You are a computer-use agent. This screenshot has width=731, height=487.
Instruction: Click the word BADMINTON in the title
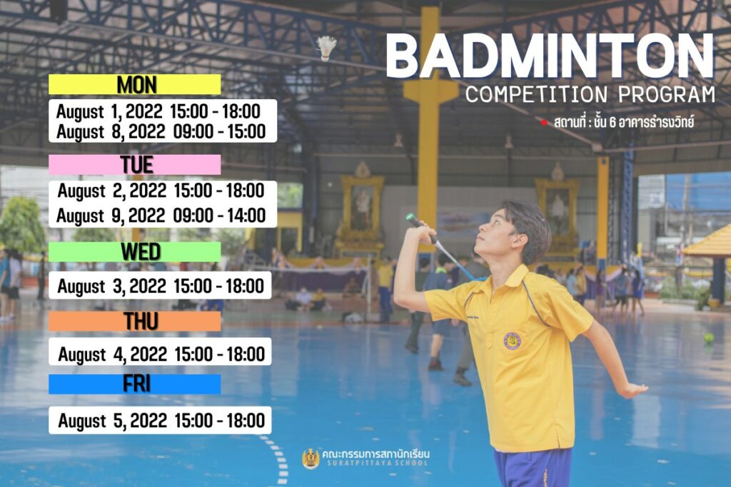click(550, 56)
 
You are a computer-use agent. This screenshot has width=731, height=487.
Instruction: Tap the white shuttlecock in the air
click(326, 48)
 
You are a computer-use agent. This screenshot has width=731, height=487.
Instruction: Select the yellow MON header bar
click(135, 84)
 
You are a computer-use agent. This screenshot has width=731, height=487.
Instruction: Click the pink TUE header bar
click(135, 165)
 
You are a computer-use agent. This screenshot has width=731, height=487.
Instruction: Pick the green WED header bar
click(135, 252)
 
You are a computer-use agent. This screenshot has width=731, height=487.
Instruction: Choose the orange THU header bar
click(135, 322)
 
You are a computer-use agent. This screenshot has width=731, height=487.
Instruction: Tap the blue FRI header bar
click(135, 384)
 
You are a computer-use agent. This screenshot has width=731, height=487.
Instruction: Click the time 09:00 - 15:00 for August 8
click(219, 131)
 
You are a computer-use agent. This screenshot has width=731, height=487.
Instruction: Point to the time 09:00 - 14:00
click(219, 215)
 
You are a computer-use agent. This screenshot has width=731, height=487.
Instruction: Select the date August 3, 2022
click(112, 286)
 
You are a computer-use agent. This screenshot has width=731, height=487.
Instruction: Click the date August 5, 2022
click(112, 421)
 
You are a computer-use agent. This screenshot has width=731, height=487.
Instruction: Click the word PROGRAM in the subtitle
click(667, 95)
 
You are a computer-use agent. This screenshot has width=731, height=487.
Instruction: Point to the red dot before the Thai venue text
click(543, 123)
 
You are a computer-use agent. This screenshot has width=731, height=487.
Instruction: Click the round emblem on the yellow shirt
click(512, 341)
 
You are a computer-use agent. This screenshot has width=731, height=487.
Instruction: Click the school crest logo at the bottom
click(311, 458)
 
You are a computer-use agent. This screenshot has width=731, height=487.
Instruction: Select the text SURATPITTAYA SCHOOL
click(377, 463)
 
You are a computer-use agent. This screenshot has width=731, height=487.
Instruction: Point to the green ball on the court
click(709, 338)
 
